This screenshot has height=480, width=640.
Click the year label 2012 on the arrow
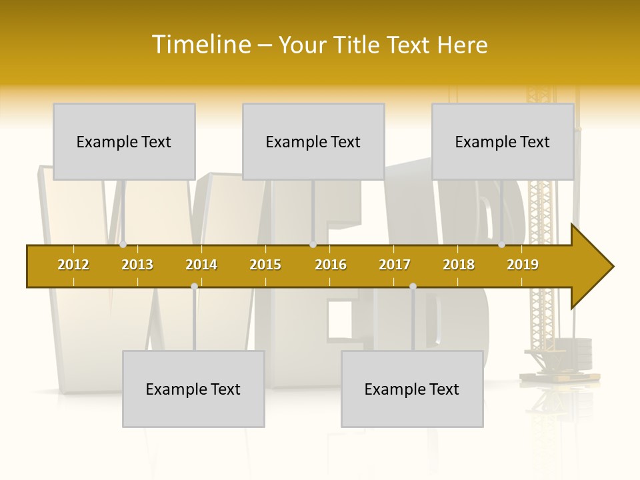click(x=73, y=265)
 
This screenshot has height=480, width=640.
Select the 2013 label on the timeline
click(x=137, y=265)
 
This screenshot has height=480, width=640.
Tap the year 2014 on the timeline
click(x=201, y=265)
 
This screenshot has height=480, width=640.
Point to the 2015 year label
click(x=265, y=265)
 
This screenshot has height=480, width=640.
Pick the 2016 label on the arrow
click(x=331, y=265)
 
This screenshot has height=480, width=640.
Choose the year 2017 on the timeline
click(x=395, y=265)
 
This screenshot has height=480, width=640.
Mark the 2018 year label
click(x=459, y=265)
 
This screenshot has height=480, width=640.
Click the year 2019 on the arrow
click(x=523, y=265)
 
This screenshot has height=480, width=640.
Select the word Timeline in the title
click(x=201, y=45)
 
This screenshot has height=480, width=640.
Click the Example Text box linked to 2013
click(x=124, y=141)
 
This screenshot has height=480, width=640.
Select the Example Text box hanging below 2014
click(x=193, y=389)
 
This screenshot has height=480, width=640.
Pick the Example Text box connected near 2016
click(x=313, y=141)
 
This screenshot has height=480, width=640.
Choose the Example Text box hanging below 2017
click(x=412, y=389)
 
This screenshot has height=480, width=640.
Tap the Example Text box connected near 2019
click(x=503, y=141)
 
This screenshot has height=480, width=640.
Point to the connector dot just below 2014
click(x=194, y=286)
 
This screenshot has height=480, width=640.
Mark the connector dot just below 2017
click(x=413, y=286)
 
